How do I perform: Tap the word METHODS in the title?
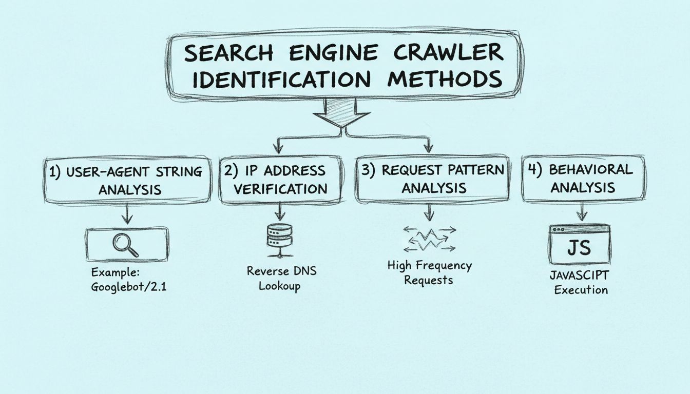pos(445,80)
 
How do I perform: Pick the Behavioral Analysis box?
pos(583,178)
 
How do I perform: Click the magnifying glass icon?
pos(126,245)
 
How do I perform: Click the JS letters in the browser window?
pos(579,248)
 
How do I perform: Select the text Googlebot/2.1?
pos(129,287)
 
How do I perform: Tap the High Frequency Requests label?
pos(429,273)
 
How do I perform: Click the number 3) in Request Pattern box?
pos(369,171)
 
